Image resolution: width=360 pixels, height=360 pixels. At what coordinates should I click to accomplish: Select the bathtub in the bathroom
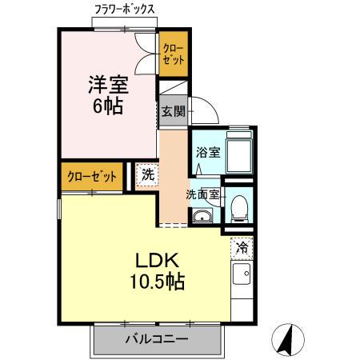239,151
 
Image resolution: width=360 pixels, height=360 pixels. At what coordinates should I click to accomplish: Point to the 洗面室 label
202,194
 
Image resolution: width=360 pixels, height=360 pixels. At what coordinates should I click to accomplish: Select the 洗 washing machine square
146,174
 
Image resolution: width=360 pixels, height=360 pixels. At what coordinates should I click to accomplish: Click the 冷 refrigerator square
241,247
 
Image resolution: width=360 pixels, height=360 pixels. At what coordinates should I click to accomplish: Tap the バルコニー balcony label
157,339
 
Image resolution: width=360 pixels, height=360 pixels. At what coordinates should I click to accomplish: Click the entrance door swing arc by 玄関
202,108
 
